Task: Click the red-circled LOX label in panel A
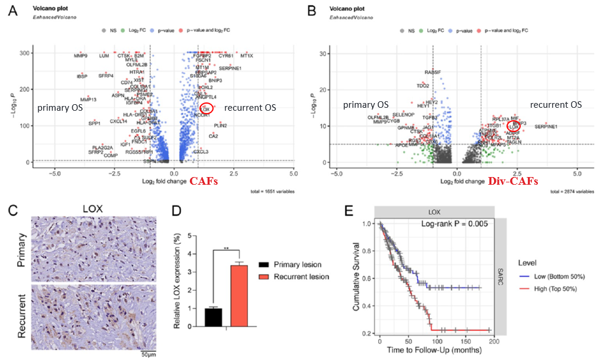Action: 206,109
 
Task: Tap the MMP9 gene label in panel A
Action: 80,56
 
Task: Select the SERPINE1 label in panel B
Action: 546,127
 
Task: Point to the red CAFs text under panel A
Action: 203,181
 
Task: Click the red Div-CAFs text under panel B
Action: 513,181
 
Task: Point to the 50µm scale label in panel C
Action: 148,354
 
